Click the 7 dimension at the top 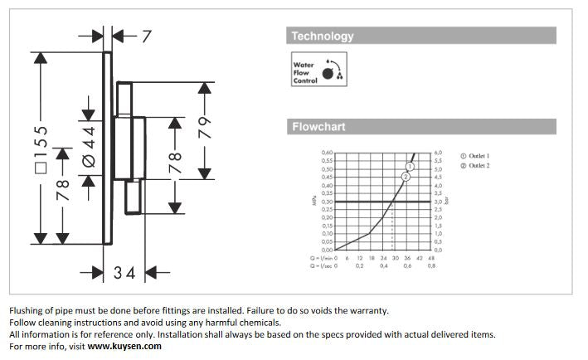coord(146,36)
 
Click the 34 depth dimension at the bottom coord(125,271)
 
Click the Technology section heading coord(322,36)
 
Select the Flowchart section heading coord(318,127)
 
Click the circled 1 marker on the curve coord(411,167)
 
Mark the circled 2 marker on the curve coord(406,177)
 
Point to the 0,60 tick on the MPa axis coord(327,153)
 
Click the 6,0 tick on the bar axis coord(438,153)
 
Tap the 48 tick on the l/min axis coord(431,258)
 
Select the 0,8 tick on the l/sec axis coord(431,266)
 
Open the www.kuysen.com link coord(124,346)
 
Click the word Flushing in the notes coord(27,311)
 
